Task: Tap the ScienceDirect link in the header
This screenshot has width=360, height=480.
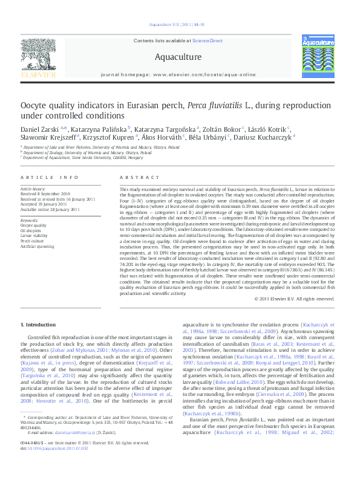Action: (207, 41)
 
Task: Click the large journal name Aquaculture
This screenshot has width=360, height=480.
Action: (178, 57)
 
